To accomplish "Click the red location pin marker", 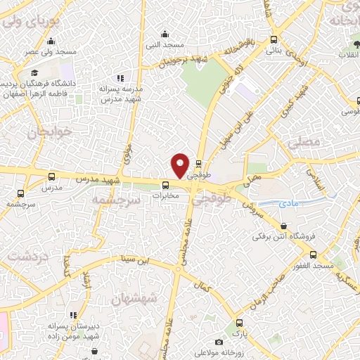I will [x=181, y=165].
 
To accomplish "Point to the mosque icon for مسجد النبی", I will [x=165, y=33].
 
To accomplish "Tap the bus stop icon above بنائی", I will [x=274, y=41].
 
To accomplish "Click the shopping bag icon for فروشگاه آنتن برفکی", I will [x=283, y=226].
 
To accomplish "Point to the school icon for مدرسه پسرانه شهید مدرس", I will [x=120, y=78].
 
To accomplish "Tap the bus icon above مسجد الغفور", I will [x=313, y=255].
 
